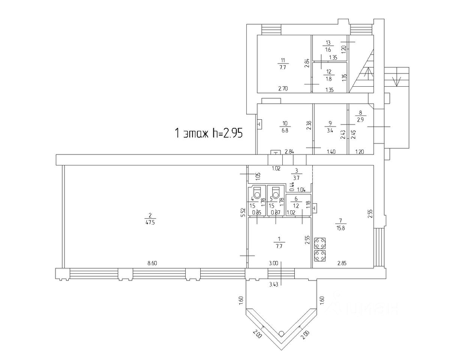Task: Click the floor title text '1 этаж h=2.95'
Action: click(208, 133)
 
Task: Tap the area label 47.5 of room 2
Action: click(150, 223)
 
